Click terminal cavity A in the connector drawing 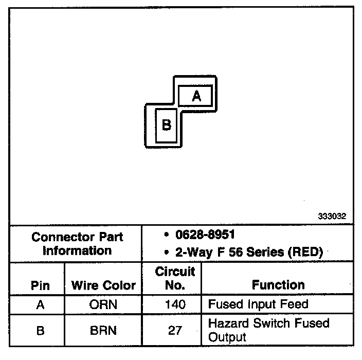coord(196,96)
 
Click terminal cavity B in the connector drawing coord(166,125)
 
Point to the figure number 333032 coord(332,217)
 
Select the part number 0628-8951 coord(204,235)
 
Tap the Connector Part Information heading coord(77,244)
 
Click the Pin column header coord(40,285)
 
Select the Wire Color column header coord(103,285)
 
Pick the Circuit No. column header coord(175,278)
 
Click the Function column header coord(278,285)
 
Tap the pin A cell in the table coord(40,304)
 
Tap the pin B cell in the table coord(40,330)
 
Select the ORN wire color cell coord(103,304)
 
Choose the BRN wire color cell coord(103,330)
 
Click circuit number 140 coord(175,304)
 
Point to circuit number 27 coord(175,330)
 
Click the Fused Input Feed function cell coord(258,304)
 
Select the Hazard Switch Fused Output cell coord(268,330)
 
